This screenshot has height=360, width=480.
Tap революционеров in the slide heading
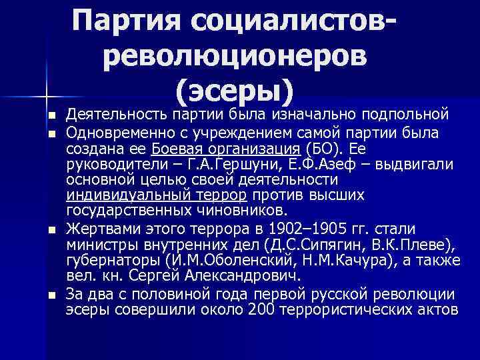(235, 57)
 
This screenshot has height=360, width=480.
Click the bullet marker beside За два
(52, 294)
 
